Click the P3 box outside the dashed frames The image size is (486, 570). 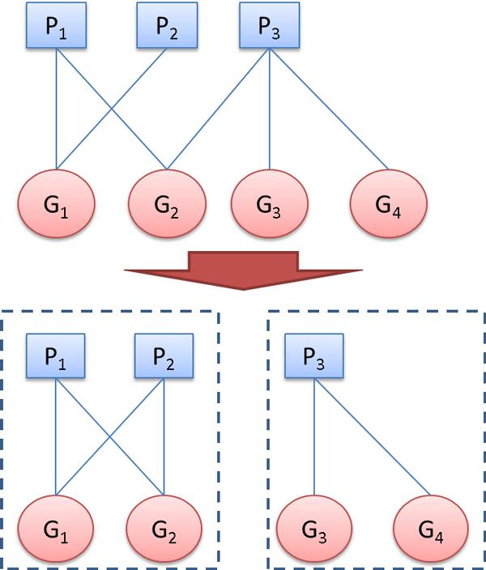coord(270,25)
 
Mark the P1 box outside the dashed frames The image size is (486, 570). coord(56,25)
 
